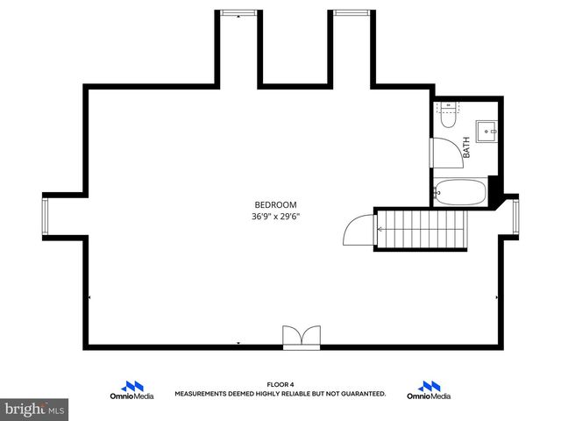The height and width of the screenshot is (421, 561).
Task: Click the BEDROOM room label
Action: (276, 204)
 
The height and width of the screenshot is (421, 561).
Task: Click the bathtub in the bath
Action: (459, 191)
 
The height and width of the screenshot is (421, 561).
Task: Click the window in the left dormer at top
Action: (238, 13)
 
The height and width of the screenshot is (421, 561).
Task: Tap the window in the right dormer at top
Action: (351, 13)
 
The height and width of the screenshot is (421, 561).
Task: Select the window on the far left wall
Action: (46, 217)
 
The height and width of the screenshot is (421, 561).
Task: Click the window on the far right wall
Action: (515, 217)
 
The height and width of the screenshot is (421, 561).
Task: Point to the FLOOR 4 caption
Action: (280, 385)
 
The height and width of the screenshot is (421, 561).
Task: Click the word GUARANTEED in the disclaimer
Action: (361, 395)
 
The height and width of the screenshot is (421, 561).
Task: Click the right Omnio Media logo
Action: (429, 390)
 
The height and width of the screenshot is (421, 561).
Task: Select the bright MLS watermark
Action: (35, 409)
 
